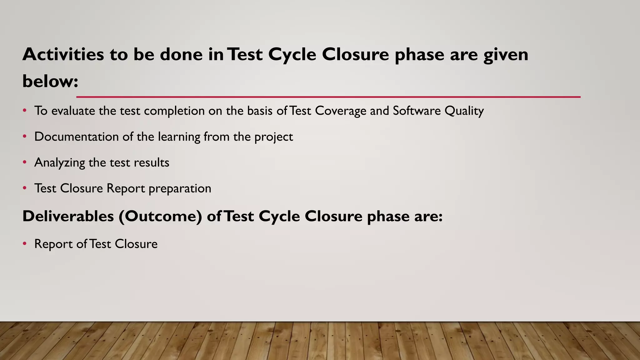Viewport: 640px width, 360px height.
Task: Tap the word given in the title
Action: [x=506, y=55]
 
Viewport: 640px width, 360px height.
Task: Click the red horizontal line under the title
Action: [x=328, y=97]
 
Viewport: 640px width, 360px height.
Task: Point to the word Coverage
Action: [x=340, y=111]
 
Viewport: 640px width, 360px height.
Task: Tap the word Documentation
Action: [x=76, y=137]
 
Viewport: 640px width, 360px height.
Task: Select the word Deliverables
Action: [x=68, y=216]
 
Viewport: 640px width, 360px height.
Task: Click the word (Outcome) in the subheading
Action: [x=160, y=217]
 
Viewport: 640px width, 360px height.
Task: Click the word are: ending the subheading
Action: [x=428, y=217]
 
